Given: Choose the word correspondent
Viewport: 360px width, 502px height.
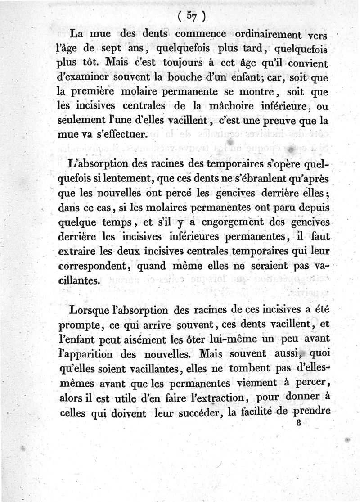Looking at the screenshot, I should coord(93,266).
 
